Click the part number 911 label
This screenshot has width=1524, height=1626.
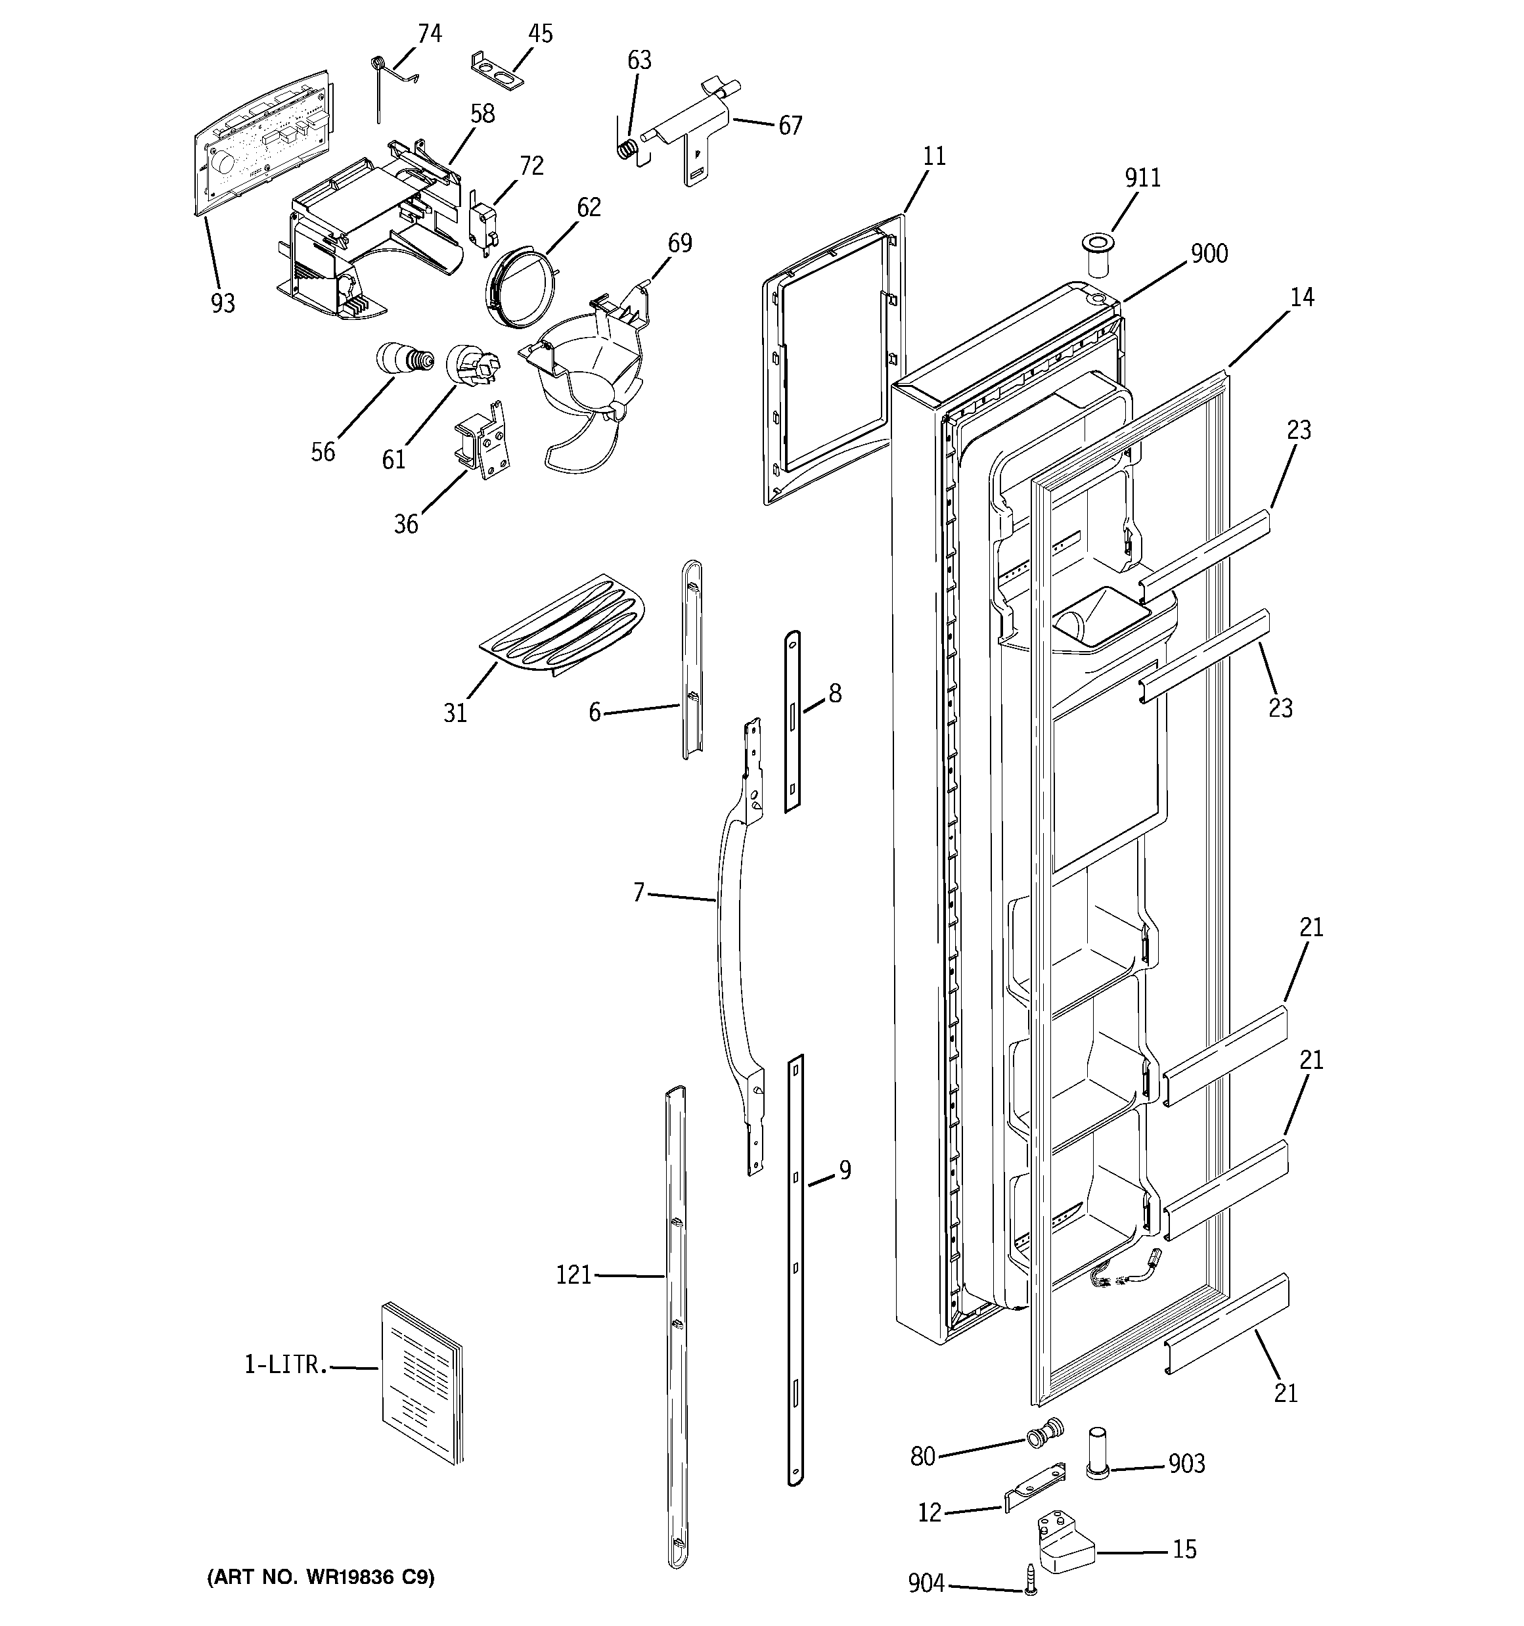(x=1142, y=177)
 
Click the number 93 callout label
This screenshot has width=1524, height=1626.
(x=223, y=304)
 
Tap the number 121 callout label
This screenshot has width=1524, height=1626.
(x=573, y=1275)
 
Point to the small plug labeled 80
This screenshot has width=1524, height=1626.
(x=1043, y=1432)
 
